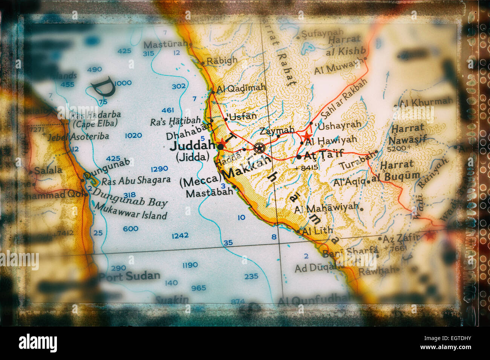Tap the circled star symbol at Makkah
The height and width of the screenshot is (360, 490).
pyautogui.click(x=259, y=148)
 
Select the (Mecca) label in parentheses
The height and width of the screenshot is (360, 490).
pyautogui.click(x=200, y=181)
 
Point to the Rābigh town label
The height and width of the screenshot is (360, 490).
pyautogui.click(x=222, y=60)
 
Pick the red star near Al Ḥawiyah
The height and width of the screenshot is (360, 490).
pyautogui.click(x=307, y=136)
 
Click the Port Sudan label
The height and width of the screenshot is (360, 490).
pyautogui.click(x=129, y=276)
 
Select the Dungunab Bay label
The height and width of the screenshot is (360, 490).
pyautogui.click(x=130, y=198)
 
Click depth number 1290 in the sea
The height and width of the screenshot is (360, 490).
pyautogui.click(x=159, y=169)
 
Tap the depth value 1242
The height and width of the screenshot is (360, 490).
pyautogui.click(x=180, y=236)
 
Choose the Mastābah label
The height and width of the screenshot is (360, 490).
pyautogui.click(x=210, y=192)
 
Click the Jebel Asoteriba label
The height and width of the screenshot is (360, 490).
pyautogui.click(x=78, y=137)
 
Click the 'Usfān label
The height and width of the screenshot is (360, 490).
pyautogui.click(x=242, y=116)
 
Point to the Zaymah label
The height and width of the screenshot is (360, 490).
pyautogui.click(x=277, y=131)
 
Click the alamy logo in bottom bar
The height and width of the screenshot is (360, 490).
pyautogui.click(x=38, y=343)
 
